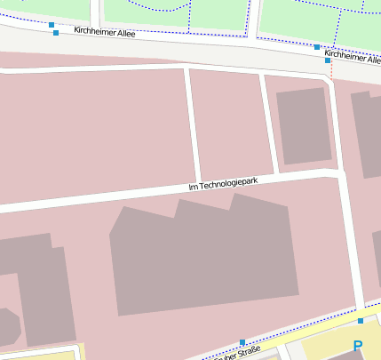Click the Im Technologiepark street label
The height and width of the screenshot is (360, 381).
point(223,184)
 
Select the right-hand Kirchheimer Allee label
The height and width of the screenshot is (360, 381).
point(353,56)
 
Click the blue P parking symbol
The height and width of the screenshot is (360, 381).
point(358,346)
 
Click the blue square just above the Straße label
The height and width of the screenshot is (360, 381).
point(242,341)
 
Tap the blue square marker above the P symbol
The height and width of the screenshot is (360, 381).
point(361,320)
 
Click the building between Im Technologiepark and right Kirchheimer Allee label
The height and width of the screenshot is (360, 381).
point(303,126)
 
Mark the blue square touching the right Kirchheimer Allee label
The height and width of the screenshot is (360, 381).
point(327,60)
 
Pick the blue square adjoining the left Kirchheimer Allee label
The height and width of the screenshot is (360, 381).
point(56,33)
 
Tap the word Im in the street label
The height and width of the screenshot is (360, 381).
point(193,188)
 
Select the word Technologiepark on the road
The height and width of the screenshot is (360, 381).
point(228,183)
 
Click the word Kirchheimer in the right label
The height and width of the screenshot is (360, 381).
point(343,55)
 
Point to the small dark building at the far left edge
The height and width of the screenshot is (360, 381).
point(7,326)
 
